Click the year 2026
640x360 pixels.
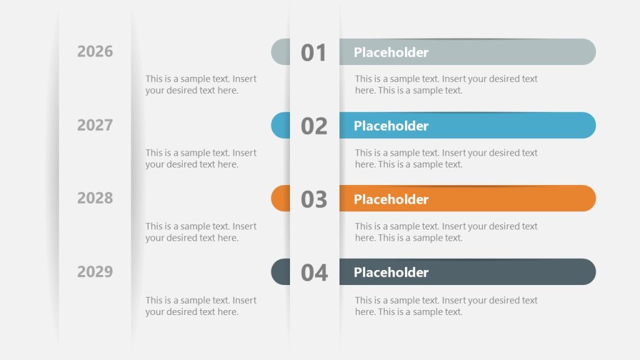pyautogui.click(x=95, y=51)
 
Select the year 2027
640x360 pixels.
pyautogui.click(x=95, y=125)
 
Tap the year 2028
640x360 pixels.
pyautogui.click(x=95, y=198)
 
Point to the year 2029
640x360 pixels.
pyautogui.click(x=95, y=272)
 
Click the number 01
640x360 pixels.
pyautogui.click(x=314, y=53)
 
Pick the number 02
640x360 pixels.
pyautogui.click(x=314, y=126)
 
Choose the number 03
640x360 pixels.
pyautogui.click(x=314, y=199)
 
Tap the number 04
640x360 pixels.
pyautogui.click(x=314, y=273)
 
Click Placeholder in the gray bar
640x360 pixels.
pyautogui.click(x=391, y=52)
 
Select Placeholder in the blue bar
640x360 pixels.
pyautogui.click(x=391, y=126)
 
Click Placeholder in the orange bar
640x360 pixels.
pyautogui.click(x=391, y=199)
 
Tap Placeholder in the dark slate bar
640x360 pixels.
pyautogui.click(x=391, y=272)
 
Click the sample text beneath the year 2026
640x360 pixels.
pyautogui.click(x=201, y=84)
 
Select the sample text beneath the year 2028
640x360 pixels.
pyautogui.click(x=201, y=232)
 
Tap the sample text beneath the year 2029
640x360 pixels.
pyautogui.click(x=201, y=306)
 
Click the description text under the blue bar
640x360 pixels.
pyautogui.click(x=446, y=158)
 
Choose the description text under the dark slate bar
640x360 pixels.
pyautogui.click(x=446, y=306)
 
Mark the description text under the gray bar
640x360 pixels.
pyautogui.click(x=446, y=84)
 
